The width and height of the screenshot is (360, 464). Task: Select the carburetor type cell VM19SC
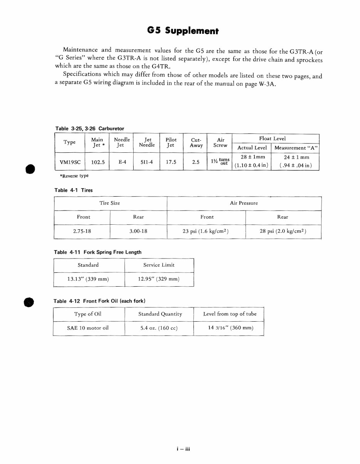click(x=70, y=162)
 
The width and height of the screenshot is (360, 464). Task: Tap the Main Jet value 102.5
click(x=98, y=162)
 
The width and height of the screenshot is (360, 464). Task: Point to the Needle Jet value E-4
click(x=122, y=162)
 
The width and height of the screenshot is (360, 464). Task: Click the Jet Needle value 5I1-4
click(x=146, y=162)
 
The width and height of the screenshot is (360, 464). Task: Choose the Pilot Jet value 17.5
click(x=171, y=162)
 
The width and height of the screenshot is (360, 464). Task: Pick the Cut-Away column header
click(x=196, y=142)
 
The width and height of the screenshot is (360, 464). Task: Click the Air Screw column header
click(x=220, y=142)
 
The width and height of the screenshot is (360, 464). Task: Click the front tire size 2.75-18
click(x=82, y=232)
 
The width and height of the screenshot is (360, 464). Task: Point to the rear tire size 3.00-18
click(x=139, y=232)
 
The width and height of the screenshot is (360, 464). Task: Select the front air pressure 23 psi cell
click(x=206, y=232)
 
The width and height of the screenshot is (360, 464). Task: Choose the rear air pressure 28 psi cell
click(x=283, y=232)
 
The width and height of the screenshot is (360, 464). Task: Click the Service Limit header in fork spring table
click(x=159, y=265)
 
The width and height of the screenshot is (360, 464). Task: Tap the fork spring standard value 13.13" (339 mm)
click(x=88, y=279)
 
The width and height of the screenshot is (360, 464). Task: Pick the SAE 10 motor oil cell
click(x=88, y=328)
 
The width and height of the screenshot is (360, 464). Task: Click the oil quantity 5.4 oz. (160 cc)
click(x=159, y=328)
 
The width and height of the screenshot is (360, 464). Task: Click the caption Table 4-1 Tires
click(x=74, y=190)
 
